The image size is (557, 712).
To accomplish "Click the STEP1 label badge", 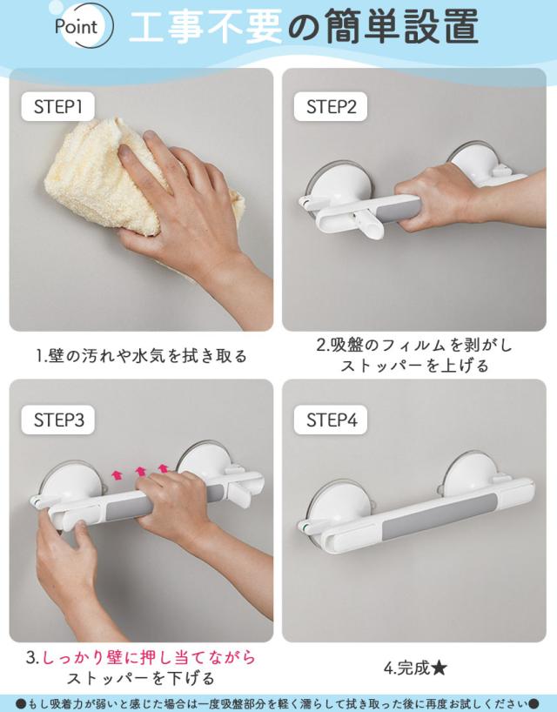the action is coord(57,107).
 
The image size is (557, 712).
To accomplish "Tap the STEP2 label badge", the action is coord(331,107).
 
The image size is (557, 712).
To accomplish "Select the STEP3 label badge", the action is coord(58,420).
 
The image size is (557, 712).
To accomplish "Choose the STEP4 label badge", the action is coord(331,420).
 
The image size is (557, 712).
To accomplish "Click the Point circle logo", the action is coord(81,25).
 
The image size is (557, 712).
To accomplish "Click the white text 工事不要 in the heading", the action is coord(205,27).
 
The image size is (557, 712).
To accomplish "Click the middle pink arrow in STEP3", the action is coord(141,472).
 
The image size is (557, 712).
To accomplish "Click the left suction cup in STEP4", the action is coord(339,507).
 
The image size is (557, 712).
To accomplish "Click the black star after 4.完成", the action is coord(439,668).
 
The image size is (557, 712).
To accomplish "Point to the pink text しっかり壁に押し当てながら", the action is coord(149,657).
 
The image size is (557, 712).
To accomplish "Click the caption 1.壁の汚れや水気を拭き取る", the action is coord(142,356).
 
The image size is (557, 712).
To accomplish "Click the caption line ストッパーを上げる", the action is coord(414,366).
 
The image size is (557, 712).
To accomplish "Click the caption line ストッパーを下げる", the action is coord(141,678).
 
